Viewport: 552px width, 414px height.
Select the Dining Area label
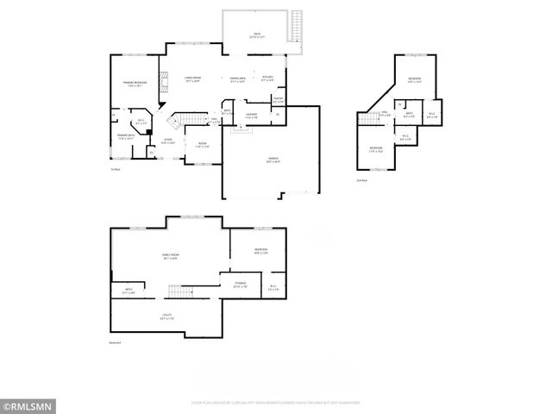[238, 80]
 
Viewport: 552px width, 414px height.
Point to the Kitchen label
[267, 78]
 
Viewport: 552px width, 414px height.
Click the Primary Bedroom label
[135, 84]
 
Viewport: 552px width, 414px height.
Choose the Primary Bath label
[126, 135]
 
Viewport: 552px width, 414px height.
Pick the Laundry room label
[252, 115]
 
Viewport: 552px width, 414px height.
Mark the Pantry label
[278, 100]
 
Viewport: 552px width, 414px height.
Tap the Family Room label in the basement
[170, 256]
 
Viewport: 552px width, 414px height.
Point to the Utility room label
[166, 317]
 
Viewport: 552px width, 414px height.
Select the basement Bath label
[129, 291]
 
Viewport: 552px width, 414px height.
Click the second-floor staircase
[371, 119]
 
